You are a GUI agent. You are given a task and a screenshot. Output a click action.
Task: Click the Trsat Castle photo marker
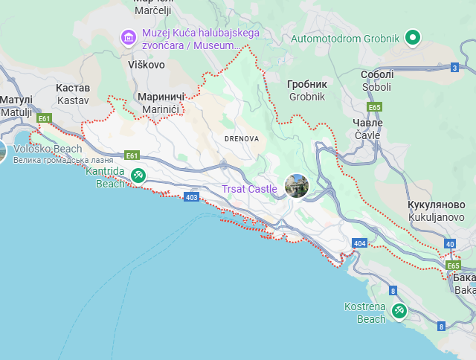[297, 186]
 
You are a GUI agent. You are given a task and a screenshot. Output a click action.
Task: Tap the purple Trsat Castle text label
[249, 189]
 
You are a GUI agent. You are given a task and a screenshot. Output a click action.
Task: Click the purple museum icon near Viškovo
[129, 36]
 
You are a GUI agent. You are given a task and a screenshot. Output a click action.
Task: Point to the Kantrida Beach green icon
[138, 175]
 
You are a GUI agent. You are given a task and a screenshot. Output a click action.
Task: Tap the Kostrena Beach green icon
[399, 310]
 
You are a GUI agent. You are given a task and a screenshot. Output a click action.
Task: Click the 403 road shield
[192, 197]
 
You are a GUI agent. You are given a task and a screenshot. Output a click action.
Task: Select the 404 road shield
[360, 243]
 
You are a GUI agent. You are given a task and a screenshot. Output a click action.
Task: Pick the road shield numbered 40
[450, 243]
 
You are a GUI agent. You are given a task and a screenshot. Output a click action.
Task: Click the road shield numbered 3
[454, 68]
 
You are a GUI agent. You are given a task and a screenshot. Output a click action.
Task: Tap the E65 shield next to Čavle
[374, 107]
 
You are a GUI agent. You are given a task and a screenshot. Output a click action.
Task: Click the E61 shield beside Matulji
[45, 118]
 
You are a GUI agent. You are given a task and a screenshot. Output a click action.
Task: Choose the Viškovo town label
[146, 65]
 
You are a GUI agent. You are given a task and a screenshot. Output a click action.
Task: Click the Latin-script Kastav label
[73, 100]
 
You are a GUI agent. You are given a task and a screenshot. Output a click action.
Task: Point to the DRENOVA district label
[242, 138]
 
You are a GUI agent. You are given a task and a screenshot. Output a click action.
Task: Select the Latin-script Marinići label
[158, 109]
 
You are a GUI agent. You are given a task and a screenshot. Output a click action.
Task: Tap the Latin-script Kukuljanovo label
[437, 216]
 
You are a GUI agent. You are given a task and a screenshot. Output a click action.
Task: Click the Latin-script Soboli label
[376, 87]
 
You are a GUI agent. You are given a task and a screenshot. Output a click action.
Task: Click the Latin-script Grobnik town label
[307, 97]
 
